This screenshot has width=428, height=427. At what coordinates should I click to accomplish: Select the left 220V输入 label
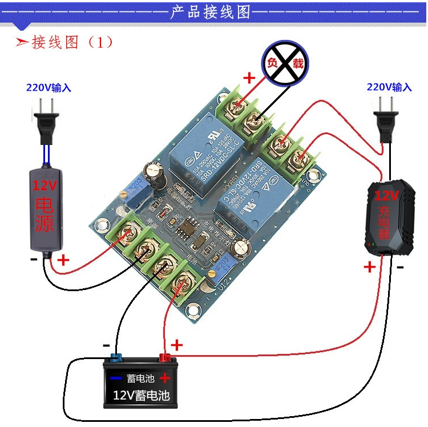pos(49,88)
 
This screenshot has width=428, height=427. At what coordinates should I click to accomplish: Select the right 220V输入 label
pos(389,87)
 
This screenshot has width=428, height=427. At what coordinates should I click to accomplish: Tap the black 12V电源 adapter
pos(45,211)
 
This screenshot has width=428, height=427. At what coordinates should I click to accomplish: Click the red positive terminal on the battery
pos(165,358)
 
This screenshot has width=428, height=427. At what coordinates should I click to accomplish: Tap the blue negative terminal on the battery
pos(116,358)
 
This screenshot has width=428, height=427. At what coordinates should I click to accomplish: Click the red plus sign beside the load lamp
pos(249,78)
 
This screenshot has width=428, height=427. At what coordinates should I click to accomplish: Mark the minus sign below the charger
pos(401,267)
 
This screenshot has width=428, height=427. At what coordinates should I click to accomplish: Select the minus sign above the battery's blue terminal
pos(106,345)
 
